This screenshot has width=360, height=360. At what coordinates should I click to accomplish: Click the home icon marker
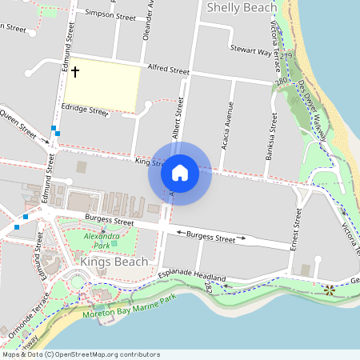[x=180, y=172]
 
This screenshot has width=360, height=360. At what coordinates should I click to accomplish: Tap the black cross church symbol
[x=76, y=73]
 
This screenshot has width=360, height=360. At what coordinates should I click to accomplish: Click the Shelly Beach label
[x=242, y=8]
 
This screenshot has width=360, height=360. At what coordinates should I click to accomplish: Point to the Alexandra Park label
[x=102, y=238]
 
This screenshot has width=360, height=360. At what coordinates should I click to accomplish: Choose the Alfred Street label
[x=167, y=70]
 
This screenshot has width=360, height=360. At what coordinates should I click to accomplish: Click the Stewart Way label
[x=250, y=50]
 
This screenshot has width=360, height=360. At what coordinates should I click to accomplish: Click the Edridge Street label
[x=86, y=110]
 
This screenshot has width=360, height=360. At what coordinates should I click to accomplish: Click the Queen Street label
[x=19, y=124]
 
